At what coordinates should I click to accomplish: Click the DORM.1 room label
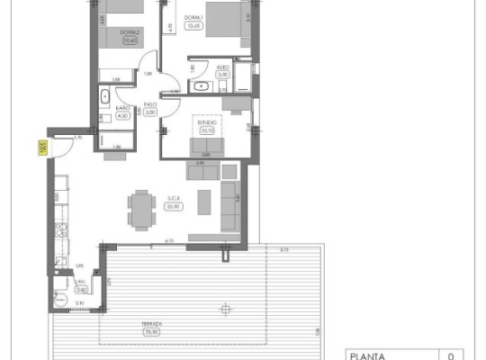(192, 19)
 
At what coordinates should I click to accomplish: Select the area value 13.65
(192, 25)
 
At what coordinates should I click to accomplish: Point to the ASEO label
(223, 67)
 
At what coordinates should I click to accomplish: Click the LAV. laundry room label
(80, 282)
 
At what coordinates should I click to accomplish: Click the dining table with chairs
(141, 208)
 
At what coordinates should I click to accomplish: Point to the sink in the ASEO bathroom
(200, 87)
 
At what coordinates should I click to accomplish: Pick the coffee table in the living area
(205, 197)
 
